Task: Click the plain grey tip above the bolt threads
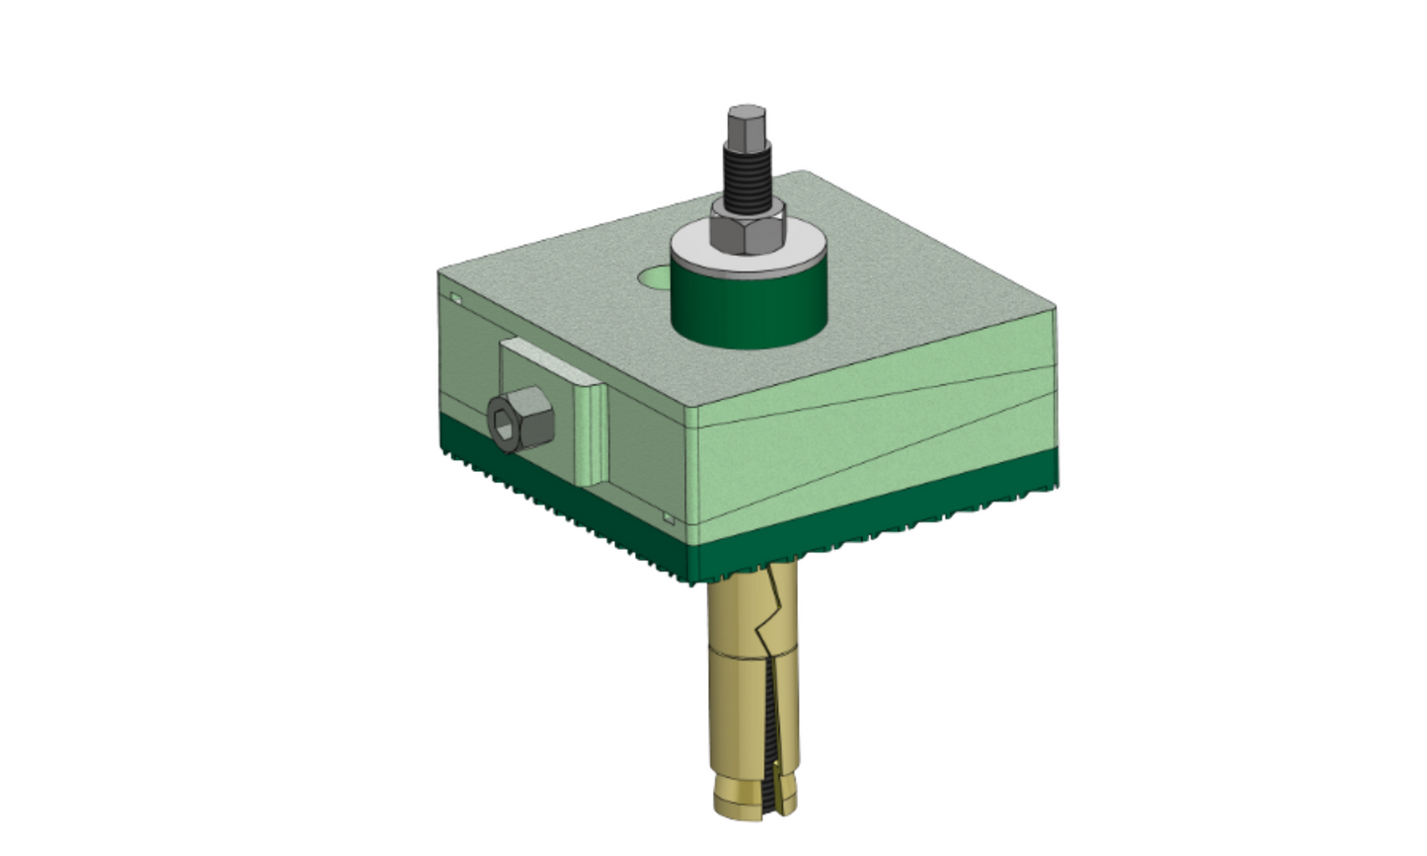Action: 747,124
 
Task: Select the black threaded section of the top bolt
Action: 747,174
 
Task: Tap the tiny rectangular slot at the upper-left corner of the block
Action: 456,297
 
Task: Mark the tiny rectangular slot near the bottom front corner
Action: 669,516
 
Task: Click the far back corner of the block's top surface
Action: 805,174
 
